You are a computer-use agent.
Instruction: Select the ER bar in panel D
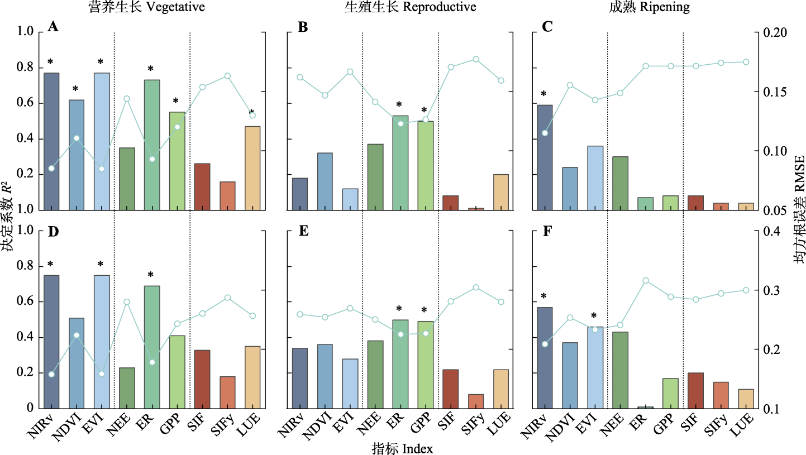pos(152,347)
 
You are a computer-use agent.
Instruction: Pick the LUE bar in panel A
pos(252,168)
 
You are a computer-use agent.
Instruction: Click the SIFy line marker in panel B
pos(476,59)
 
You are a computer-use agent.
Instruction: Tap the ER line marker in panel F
pos(646,280)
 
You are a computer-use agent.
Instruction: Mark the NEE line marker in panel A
pos(127,98)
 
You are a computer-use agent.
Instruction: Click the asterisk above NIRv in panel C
pos(543,94)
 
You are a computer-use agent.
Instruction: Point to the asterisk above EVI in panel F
pos(594,316)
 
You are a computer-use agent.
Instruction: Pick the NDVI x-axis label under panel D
pos(72,427)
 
